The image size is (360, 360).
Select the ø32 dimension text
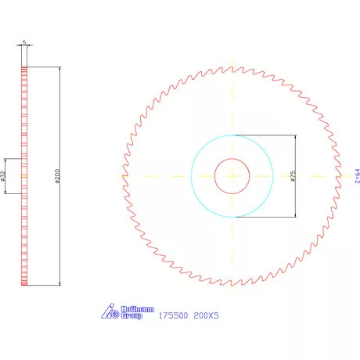[x=4, y=177]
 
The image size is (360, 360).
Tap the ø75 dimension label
[x=291, y=176]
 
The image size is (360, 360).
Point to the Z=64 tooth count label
[x=356, y=176]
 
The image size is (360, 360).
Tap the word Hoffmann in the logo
[x=130, y=309]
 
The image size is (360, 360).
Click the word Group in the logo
[x=131, y=317]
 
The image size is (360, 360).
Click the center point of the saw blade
[x=232, y=176]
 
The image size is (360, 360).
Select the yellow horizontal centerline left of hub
[x=157, y=176]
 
